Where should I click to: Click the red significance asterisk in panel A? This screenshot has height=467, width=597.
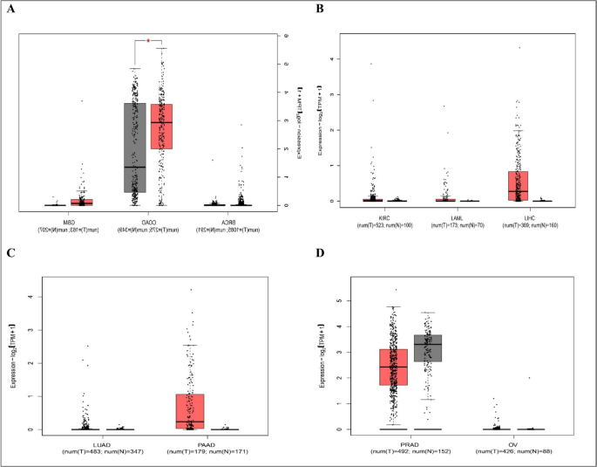coord(148,40)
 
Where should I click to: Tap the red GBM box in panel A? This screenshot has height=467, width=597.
coord(82,202)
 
